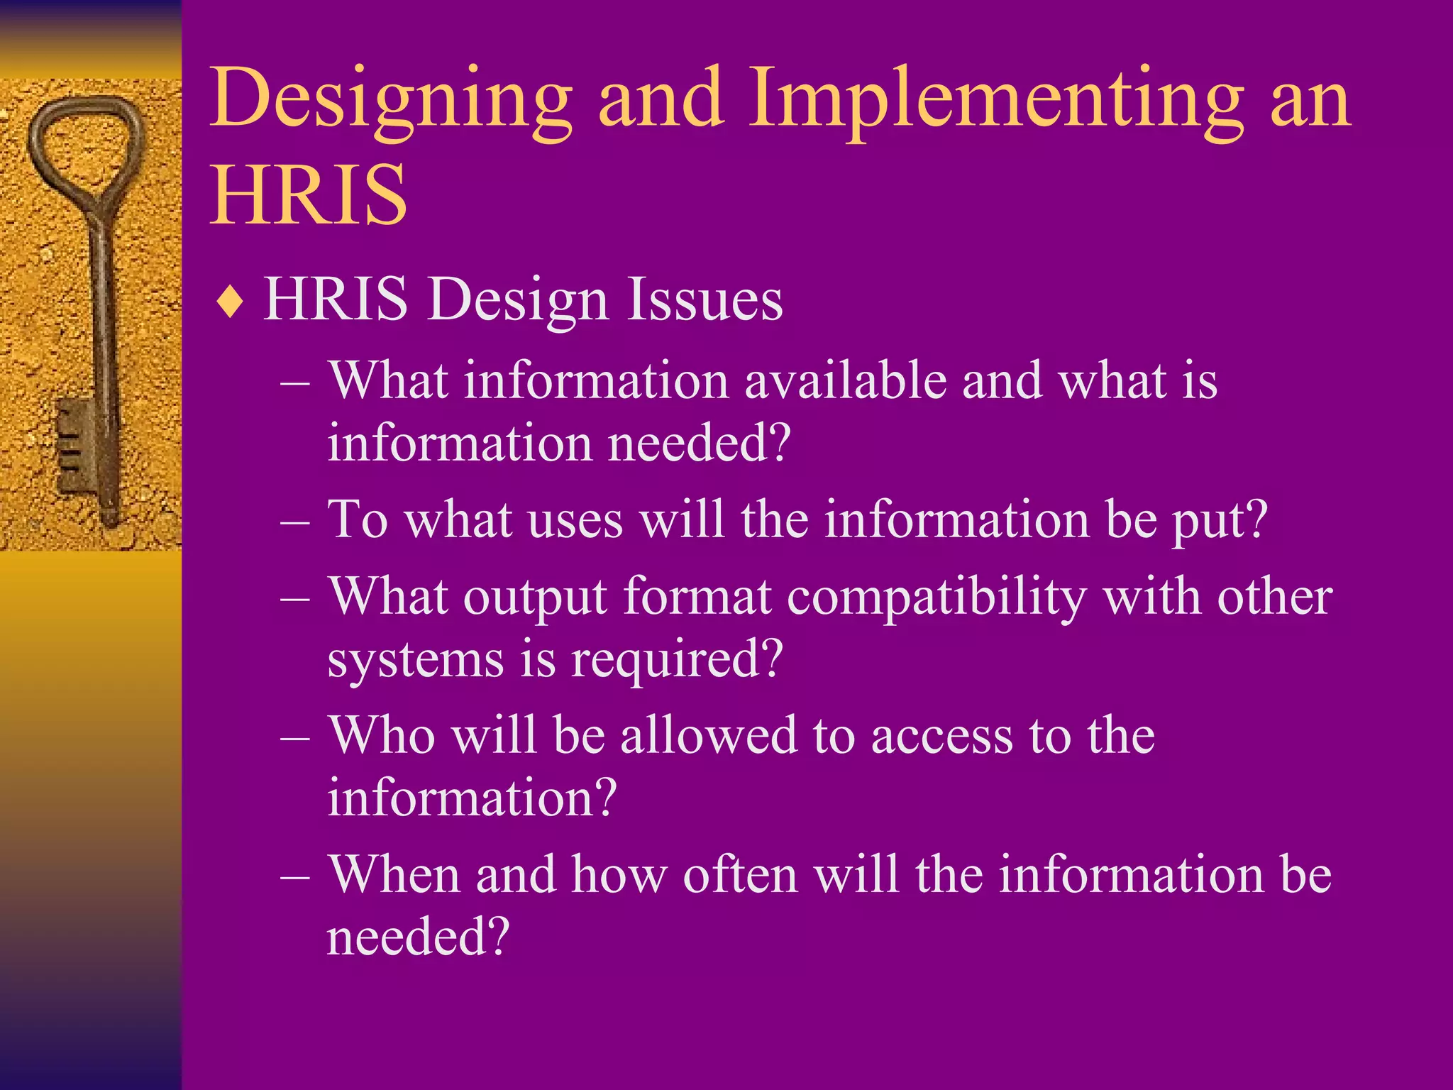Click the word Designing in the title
[391, 99]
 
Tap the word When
[394, 874]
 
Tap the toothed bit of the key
[75, 444]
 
